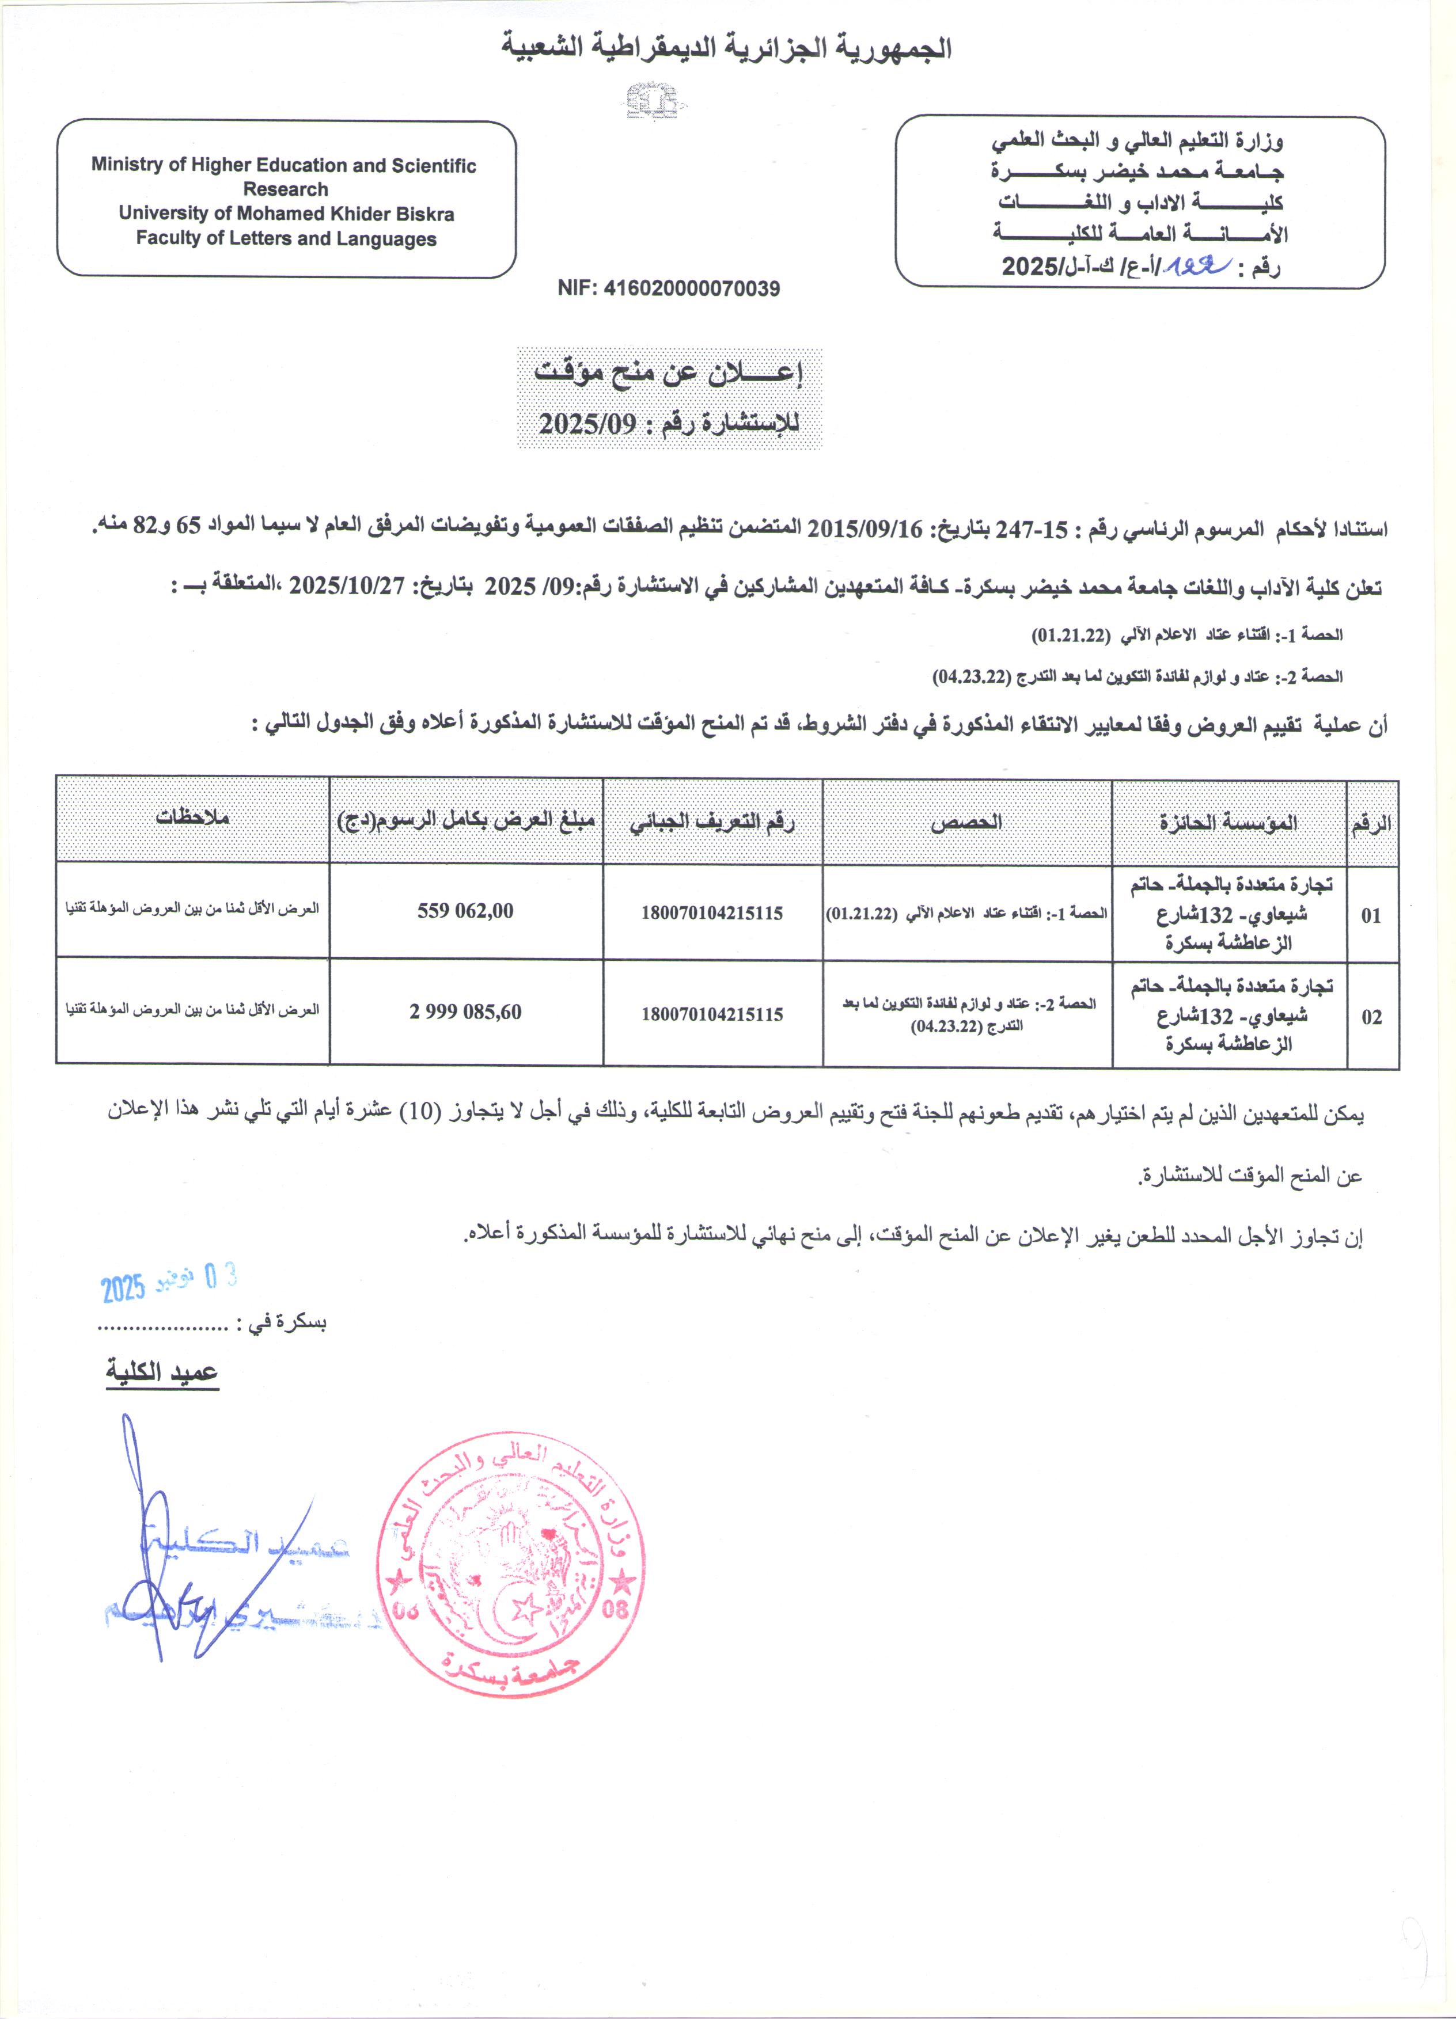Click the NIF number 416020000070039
[x=668, y=288]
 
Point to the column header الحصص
[x=966, y=822]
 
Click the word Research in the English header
[x=285, y=189]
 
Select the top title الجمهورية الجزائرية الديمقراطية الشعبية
[x=726, y=48]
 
